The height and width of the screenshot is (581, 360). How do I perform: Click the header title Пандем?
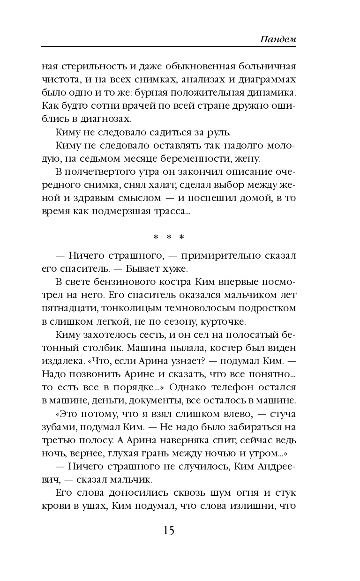pyautogui.click(x=278, y=39)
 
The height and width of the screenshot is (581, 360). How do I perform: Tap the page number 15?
pyautogui.click(x=169, y=530)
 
